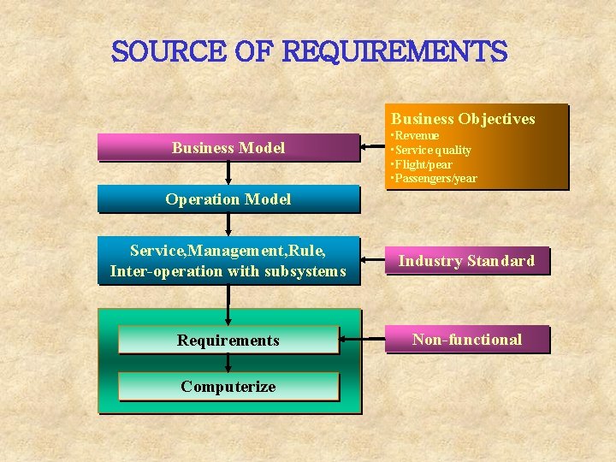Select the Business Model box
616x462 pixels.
pos(228,147)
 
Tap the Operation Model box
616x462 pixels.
pos(228,199)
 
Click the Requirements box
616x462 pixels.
pos(228,340)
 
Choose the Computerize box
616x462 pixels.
pos(228,386)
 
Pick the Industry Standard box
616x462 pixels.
pos(466,261)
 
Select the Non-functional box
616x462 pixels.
pos(466,340)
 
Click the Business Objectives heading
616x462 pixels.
pos(463,119)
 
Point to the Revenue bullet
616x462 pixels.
pos(417,136)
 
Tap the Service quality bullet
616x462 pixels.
pos(433,150)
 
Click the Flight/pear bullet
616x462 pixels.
pos(423,164)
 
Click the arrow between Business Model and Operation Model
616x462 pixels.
pos(228,173)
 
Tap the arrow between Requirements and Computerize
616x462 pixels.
pos(228,363)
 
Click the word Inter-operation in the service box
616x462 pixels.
pos(150,271)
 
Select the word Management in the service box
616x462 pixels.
pos(227,251)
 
